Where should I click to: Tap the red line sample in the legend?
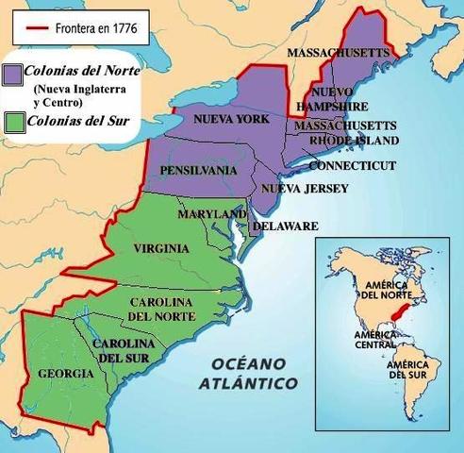37,28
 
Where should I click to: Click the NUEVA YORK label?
231,120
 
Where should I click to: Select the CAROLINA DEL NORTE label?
160,309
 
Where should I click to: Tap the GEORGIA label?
65,374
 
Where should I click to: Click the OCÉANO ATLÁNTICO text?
248,374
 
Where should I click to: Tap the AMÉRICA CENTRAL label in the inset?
374,340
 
